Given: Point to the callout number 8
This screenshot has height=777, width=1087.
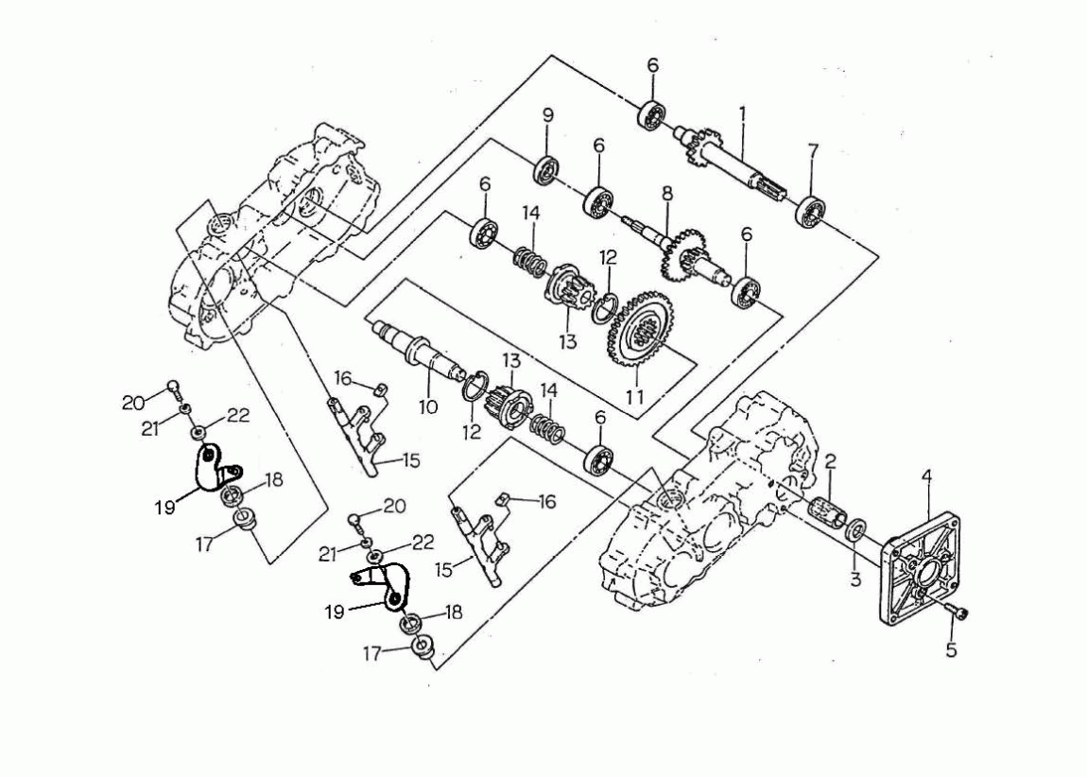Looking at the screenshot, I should (x=666, y=193).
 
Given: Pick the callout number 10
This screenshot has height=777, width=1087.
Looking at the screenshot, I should (x=427, y=407).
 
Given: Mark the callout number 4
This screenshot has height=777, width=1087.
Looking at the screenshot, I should (x=927, y=478).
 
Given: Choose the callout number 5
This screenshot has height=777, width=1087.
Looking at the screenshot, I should (x=951, y=650).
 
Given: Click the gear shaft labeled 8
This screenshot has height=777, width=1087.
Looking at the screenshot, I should (x=681, y=248).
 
